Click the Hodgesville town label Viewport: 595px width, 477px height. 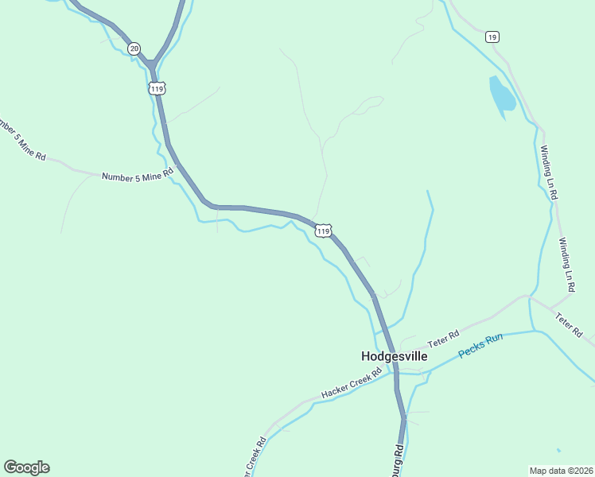click(394, 356)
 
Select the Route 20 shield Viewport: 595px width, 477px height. click(134, 48)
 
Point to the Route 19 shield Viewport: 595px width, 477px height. click(492, 37)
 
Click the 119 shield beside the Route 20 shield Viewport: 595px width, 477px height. click(156, 87)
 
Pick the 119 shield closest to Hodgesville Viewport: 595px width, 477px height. click(322, 231)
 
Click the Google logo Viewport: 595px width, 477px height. click(26, 467)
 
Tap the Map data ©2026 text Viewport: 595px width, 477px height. click(561, 470)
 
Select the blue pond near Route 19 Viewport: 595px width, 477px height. click(502, 96)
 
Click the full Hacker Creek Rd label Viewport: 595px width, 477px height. click(352, 383)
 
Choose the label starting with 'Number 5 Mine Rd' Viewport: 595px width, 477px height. click(137, 173)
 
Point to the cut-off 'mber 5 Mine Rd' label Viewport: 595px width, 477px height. click(22, 140)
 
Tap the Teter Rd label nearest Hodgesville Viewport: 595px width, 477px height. click(444, 339)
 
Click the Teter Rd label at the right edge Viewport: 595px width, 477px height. click(570, 325)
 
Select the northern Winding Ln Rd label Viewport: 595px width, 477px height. click(548, 172)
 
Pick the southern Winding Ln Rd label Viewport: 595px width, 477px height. click(566, 265)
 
